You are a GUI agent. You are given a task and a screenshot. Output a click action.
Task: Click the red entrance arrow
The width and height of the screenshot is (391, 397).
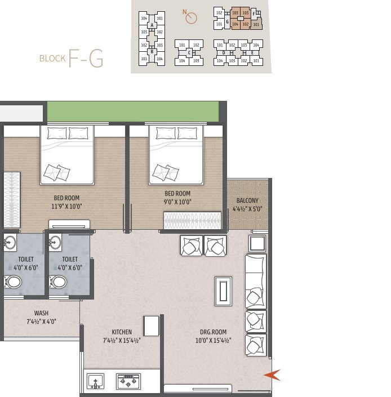click(x=273, y=374)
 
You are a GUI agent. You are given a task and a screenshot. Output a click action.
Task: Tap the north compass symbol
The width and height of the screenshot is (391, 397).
click(x=191, y=18)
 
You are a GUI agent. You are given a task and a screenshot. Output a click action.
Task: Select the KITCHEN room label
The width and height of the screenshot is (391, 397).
click(x=122, y=332)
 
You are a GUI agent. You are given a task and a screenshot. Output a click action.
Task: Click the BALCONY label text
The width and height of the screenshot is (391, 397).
click(x=248, y=200)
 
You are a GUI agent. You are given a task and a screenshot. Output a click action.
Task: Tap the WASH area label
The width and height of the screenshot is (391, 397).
click(x=41, y=313)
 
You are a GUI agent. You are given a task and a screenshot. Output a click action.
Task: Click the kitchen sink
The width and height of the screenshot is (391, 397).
click(x=96, y=382)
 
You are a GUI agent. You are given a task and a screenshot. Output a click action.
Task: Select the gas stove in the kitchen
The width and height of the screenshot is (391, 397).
click(x=128, y=382)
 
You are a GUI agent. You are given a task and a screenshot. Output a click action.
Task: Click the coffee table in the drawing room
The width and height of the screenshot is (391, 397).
click(x=223, y=292)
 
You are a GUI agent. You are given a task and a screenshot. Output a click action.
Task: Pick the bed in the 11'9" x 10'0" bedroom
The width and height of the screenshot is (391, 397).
click(x=66, y=155)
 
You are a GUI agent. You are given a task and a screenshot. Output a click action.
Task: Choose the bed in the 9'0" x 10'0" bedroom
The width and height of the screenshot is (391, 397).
click(x=175, y=155)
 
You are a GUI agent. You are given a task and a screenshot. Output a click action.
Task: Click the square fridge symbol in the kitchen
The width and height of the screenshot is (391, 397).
click(x=151, y=326)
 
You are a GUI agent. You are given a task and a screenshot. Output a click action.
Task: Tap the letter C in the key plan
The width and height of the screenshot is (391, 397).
click(x=189, y=53)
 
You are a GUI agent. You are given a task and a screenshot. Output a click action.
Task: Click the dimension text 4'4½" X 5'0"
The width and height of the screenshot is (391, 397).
click(x=248, y=209)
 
